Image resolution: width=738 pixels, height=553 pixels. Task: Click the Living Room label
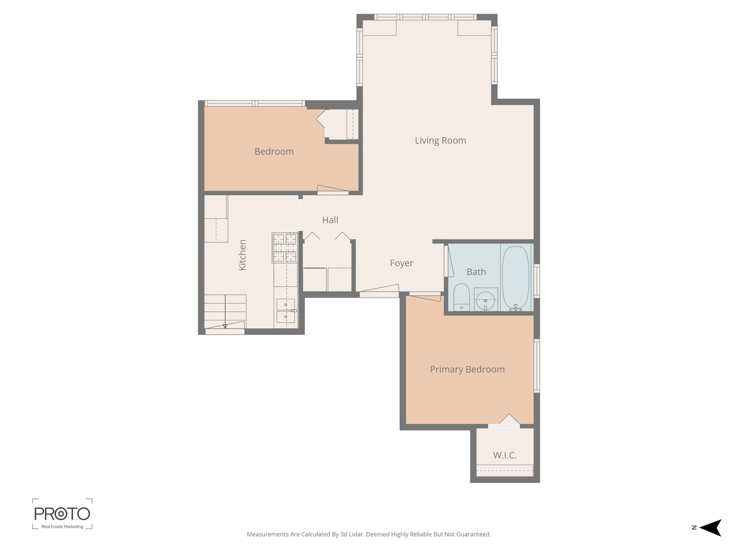[440, 140]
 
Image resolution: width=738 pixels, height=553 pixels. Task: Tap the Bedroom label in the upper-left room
[274, 152]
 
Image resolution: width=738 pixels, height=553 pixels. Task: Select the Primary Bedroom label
[467, 369]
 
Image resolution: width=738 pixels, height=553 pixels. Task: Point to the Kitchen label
[242, 255]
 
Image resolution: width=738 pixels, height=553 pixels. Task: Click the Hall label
[330, 220]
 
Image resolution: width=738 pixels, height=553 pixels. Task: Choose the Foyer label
[401, 263]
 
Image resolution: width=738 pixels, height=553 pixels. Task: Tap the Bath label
[476, 272]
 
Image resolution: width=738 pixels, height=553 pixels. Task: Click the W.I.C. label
[504, 455]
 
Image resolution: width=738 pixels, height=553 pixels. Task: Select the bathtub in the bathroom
[515, 278]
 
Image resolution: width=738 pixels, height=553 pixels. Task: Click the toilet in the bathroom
[461, 297]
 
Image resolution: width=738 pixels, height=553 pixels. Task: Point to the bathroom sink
[485, 300]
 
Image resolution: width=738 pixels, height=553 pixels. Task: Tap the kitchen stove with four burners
[284, 248]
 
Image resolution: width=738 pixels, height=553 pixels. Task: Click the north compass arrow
[710, 527]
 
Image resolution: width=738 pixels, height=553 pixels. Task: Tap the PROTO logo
[62, 514]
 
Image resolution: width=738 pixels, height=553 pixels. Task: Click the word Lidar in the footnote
[356, 535]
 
